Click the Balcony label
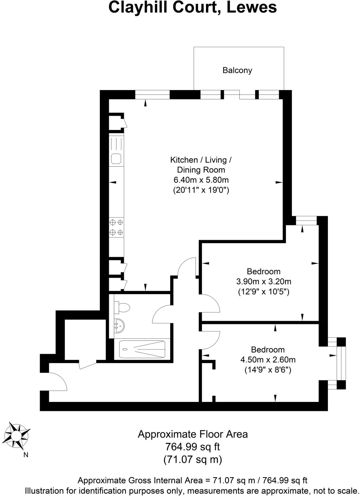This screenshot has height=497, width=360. [x=237, y=70]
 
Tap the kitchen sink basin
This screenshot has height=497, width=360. [x=116, y=159]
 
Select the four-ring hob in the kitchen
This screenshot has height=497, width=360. [x=116, y=227]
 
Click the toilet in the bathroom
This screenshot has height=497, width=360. [x=123, y=308]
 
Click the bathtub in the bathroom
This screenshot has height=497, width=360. [x=142, y=349]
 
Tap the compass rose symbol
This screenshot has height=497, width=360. [x=17, y=437]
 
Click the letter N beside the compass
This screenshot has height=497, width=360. [x=26, y=455]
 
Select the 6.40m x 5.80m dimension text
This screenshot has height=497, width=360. [x=201, y=180]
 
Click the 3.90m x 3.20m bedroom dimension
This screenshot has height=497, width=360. [x=264, y=282]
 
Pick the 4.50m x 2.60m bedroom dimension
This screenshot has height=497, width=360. [x=268, y=360]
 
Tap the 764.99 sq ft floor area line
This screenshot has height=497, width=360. [x=192, y=446]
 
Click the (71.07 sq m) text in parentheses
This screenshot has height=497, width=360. [x=192, y=459]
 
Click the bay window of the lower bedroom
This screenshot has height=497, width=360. [x=342, y=363]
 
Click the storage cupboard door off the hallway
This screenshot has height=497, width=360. [x=88, y=364]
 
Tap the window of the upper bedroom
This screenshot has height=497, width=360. [x=306, y=221]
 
